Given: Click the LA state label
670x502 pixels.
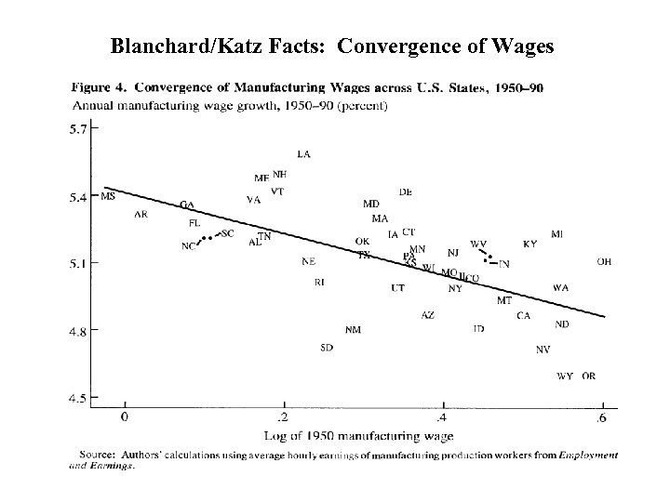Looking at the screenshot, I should [x=303, y=153].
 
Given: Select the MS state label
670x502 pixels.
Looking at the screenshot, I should [x=108, y=196].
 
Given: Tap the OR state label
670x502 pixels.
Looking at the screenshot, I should [x=588, y=376].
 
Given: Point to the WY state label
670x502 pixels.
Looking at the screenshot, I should [x=564, y=376].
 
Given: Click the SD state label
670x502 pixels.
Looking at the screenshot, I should [x=327, y=348].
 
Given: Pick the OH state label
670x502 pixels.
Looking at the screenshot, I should [x=604, y=262].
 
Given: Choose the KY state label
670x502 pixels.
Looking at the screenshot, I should [x=529, y=244].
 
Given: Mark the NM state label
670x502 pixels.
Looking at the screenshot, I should [x=353, y=329].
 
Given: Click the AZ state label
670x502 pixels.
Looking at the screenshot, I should [x=427, y=315].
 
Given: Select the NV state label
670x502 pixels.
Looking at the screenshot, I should [x=543, y=349].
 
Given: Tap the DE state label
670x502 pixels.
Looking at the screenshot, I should [x=406, y=192].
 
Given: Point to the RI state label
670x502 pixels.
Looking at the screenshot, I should [x=319, y=282].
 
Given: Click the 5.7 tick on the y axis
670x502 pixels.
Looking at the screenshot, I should [x=81, y=130].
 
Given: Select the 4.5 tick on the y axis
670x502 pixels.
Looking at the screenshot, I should [x=81, y=399].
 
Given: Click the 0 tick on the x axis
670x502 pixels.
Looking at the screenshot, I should [x=124, y=417].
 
